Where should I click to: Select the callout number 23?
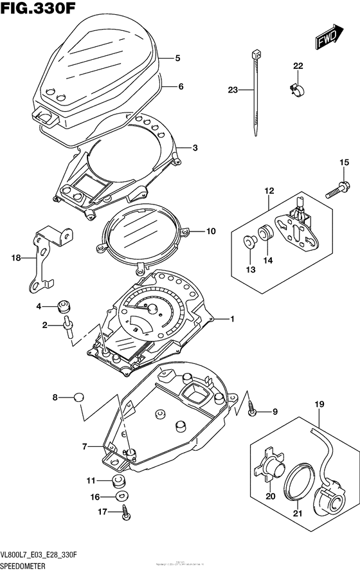coord(233,91)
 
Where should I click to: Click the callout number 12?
coord(269,190)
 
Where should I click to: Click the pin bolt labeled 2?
coord(67,327)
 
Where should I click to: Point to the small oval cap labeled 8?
coord(78,397)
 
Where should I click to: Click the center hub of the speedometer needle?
coord(154,310)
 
